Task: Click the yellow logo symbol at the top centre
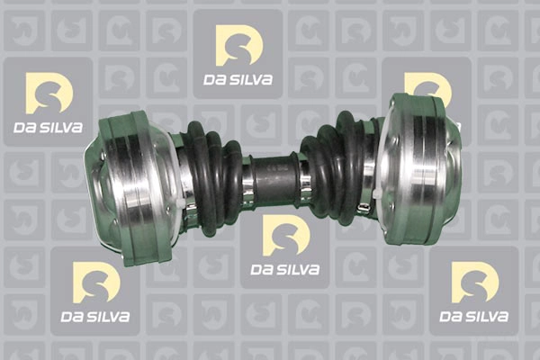[239, 45]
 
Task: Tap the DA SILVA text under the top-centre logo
[238, 80]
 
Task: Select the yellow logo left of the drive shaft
[49, 93]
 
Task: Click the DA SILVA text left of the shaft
[49, 128]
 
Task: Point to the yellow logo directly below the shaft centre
[286, 235]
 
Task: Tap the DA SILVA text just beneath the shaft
[285, 270]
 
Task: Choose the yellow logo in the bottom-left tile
[96, 283]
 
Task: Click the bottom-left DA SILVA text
[95, 317]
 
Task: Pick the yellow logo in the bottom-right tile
[475, 283]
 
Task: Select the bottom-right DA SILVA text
[474, 317]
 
